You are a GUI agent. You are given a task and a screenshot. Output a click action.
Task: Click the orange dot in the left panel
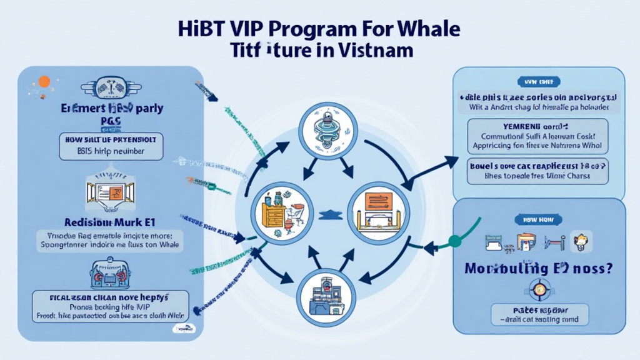[x=44, y=81]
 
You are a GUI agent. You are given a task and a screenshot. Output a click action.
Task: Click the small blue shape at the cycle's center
[x=324, y=215]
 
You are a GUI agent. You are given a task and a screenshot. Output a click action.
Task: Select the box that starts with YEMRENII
[x=537, y=136]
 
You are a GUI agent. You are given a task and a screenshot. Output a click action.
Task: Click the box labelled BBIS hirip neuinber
[x=111, y=146]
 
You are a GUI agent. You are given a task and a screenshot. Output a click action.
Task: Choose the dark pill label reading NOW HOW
[x=537, y=219]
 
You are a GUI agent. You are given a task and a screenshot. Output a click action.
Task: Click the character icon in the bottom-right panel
[x=583, y=241]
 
